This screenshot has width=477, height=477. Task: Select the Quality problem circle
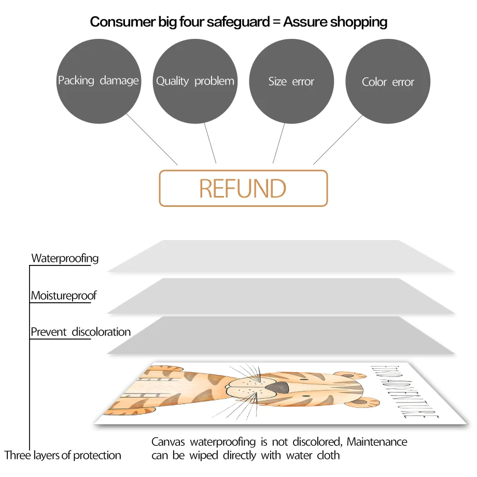click(x=195, y=81)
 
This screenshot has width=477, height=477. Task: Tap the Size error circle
click(x=291, y=81)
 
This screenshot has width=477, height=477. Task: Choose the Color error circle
click(x=388, y=82)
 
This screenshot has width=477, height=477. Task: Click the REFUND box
click(x=243, y=188)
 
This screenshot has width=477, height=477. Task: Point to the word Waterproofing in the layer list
click(x=65, y=258)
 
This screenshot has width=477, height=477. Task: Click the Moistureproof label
click(x=64, y=296)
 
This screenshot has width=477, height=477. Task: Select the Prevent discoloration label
click(x=80, y=332)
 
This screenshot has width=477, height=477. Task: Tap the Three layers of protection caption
click(x=63, y=456)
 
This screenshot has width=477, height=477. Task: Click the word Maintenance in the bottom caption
click(x=377, y=442)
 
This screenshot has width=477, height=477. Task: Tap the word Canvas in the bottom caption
click(x=169, y=442)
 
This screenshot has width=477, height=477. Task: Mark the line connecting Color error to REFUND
click(x=337, y=141)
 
